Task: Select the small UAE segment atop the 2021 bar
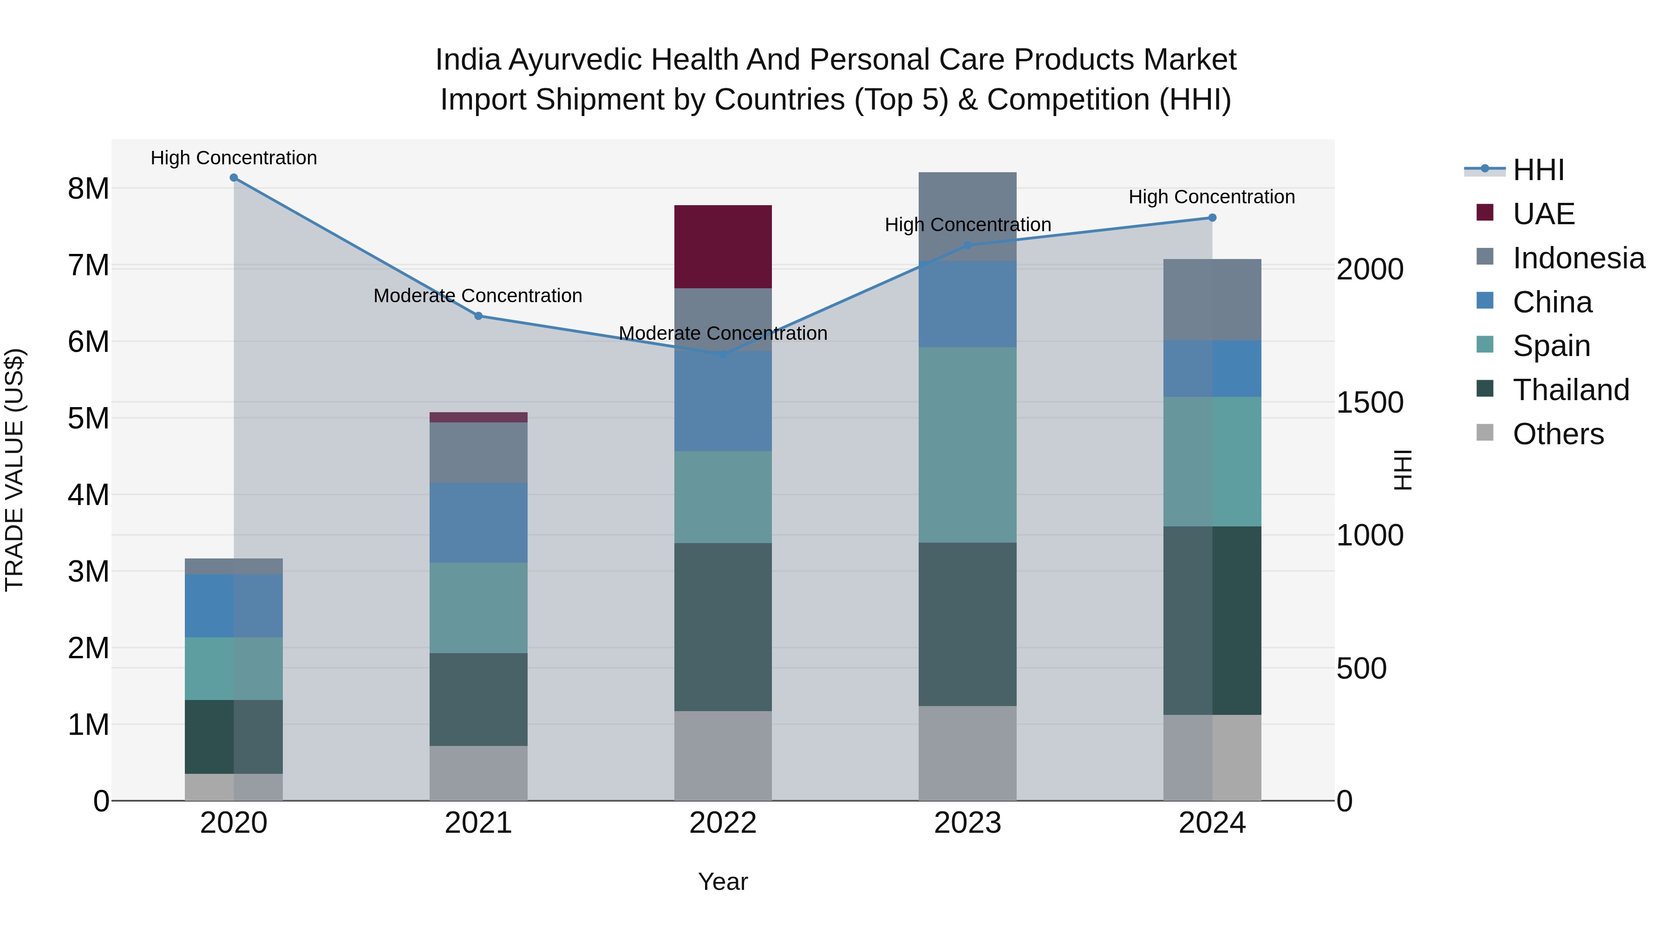(478, 417)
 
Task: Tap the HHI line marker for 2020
(234, 178)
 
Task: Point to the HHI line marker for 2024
(1212, 218)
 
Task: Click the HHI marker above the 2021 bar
(478, 316)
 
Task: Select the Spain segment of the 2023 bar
(967, 445)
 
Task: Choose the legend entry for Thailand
(1571, 390)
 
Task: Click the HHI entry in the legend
(1538, 170)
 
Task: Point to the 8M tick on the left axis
(88, 189)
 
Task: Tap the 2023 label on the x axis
(967, 823)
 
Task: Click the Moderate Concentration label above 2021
(478, 296)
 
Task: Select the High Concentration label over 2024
(1211, 196)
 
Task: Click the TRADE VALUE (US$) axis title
(14, 470)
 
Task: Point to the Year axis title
(722, 882)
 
